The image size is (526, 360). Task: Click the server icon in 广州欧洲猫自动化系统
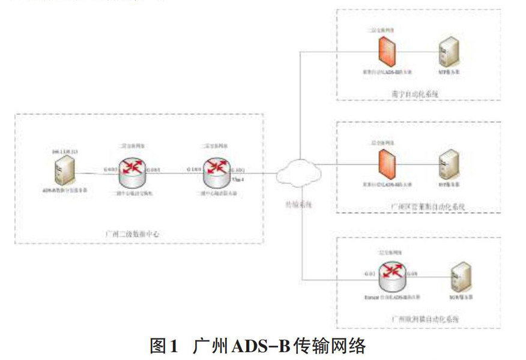pos(459,277)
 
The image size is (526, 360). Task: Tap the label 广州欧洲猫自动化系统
pos(425,319)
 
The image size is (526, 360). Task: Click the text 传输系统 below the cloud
pos(298,205)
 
